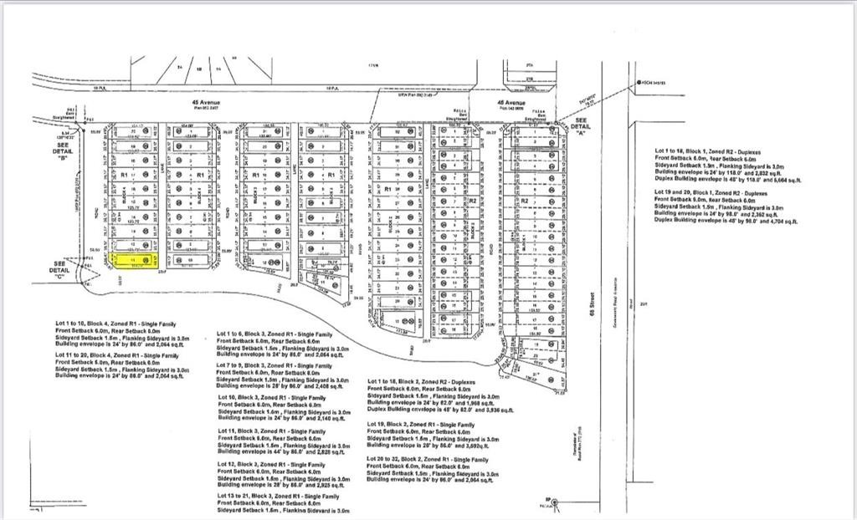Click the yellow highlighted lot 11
pyautogui.click(x=133, y=260)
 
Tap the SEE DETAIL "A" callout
pyautogui.click(x=582, y=126)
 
